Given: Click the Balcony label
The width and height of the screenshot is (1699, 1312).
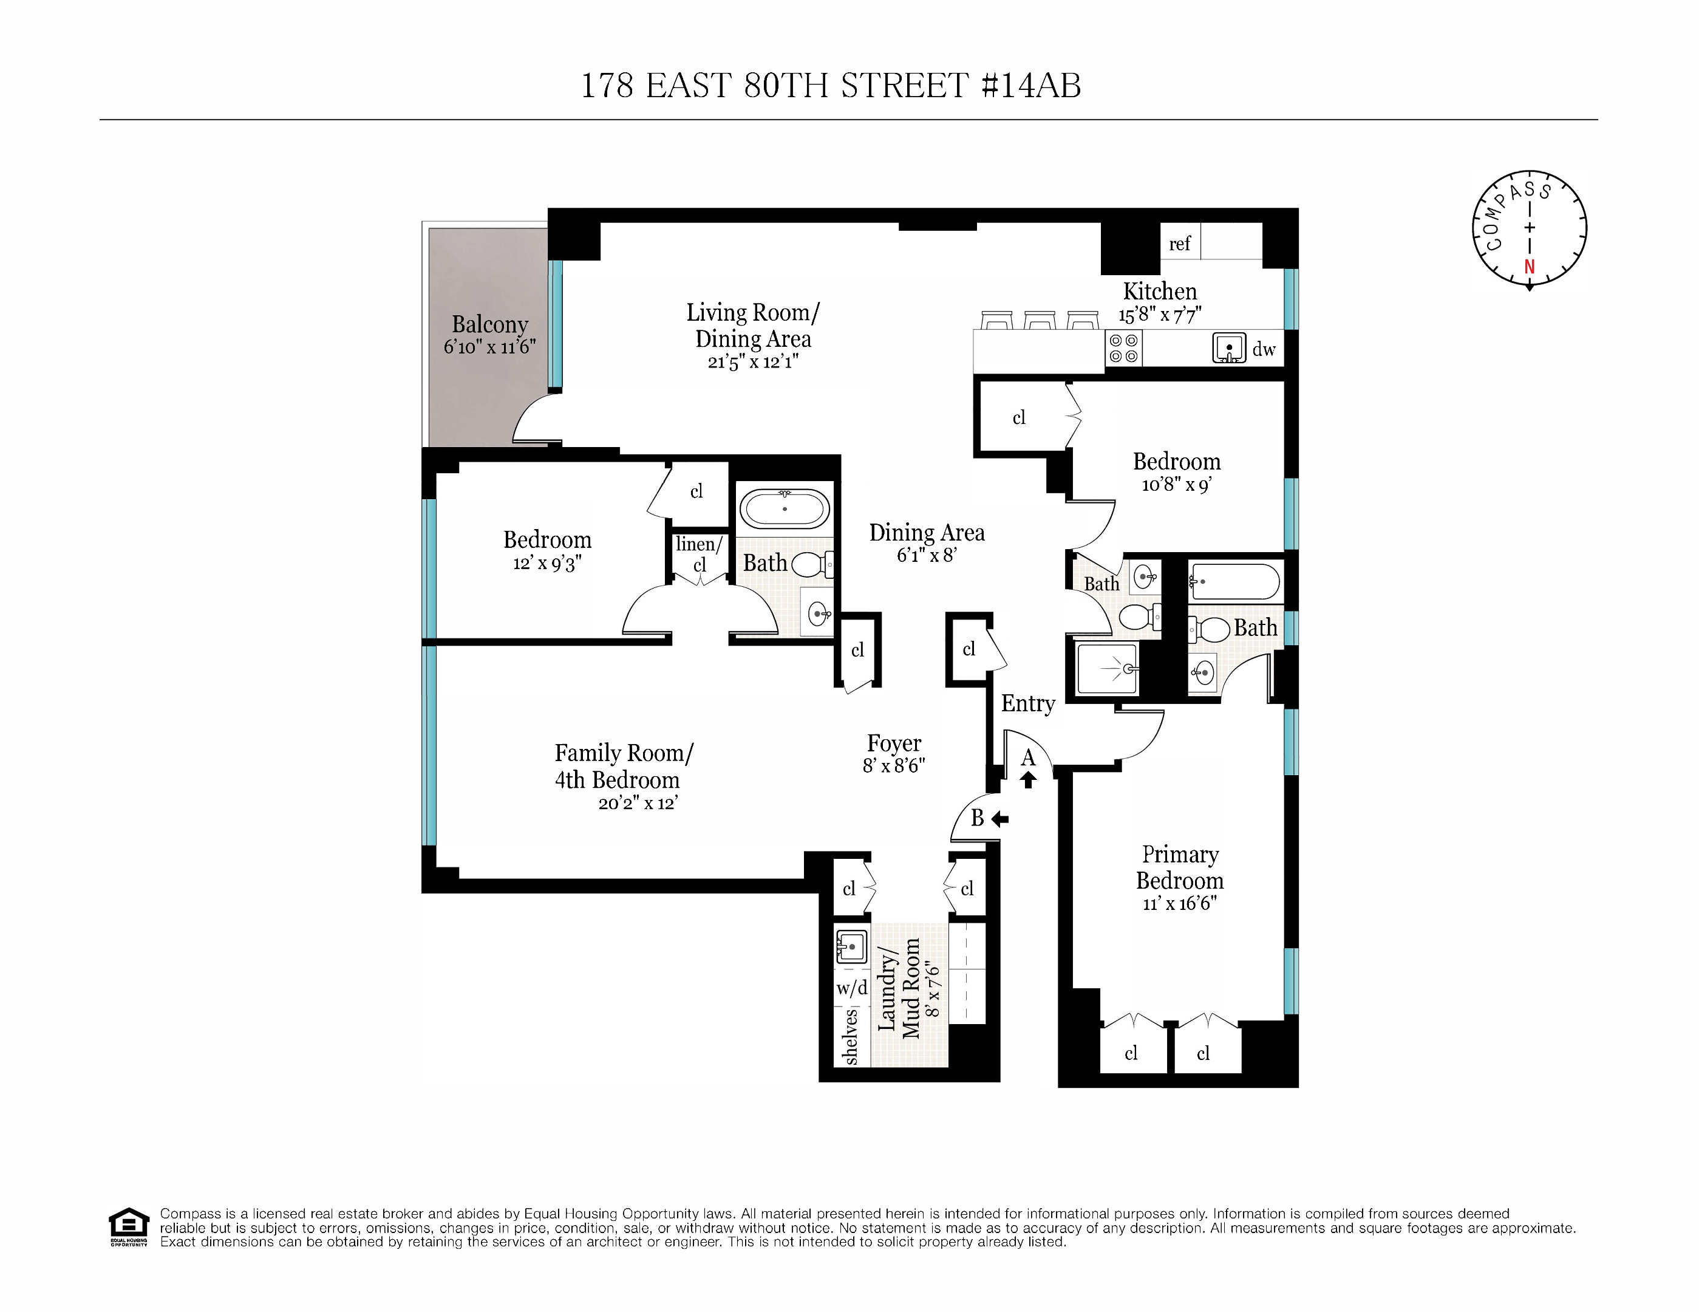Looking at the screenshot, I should tap(489, 324).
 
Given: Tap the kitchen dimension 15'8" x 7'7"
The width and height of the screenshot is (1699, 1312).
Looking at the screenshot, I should tap(1160, 315).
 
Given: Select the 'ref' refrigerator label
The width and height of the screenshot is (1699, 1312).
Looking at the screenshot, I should tap(1179, 244).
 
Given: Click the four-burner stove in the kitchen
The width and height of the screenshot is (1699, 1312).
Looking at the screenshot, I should tap(1123, 348).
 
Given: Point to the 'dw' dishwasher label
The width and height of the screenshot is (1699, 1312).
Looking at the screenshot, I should tap(1264, 349).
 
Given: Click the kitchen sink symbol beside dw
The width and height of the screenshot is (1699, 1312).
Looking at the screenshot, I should tap(1229, 348).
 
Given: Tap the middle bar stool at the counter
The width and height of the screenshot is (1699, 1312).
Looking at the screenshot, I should tap(1038, 320).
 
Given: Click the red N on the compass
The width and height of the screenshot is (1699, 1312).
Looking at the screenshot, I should tap(1530, 267).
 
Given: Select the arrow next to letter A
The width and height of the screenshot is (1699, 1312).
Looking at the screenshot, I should tap(1029, 779).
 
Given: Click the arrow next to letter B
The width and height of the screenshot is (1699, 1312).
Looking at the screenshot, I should tap(1001, 819).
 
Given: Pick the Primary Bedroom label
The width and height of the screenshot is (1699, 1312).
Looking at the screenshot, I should tap(1179, 867).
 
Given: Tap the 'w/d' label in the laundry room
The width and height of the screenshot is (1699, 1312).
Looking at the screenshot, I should tap(852, 988).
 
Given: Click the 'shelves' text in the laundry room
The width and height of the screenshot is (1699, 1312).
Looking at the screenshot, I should tap(851, 1036).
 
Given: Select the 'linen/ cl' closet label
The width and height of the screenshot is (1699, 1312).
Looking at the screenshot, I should tap(698, 554).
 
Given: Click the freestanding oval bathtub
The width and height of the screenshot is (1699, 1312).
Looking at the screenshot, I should tap(784, 510).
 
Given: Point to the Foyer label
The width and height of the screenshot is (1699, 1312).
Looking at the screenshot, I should tap(894, 743).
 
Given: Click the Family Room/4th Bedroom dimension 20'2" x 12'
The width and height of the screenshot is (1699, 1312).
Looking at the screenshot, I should tap(637, 803).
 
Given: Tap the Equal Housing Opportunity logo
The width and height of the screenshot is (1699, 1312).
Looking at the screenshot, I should tap(128, 1226).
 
